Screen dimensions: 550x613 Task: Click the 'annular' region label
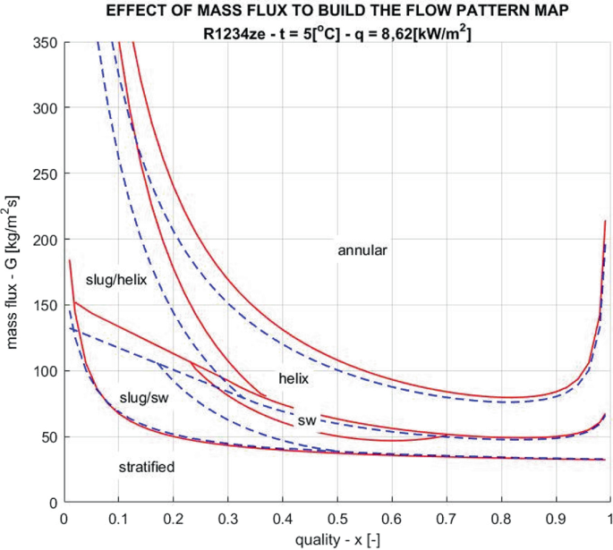tap(362, 250)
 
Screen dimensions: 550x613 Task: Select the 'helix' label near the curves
tap(293, 378)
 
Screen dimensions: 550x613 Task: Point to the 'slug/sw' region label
tap(144, 397)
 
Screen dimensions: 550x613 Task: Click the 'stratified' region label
tap(146, 467)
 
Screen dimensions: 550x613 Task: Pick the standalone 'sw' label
tap(307, 419)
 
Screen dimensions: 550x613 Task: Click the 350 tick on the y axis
tap(45, 43)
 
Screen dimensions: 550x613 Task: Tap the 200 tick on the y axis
tap(45, 240)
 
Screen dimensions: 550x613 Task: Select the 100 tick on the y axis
tap(45, 371)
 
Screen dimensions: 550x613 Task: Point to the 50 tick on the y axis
tap(48, 437)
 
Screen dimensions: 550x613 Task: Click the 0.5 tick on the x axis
tap(336, 518)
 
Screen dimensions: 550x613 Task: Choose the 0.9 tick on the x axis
tap(556, 518)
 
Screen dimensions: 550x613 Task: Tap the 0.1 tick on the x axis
tap(117, 518)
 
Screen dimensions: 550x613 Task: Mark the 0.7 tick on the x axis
tap(447, 518)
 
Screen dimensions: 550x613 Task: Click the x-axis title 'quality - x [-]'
tap(336, 538)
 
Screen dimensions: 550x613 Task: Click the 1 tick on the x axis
tap(609, 518)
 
